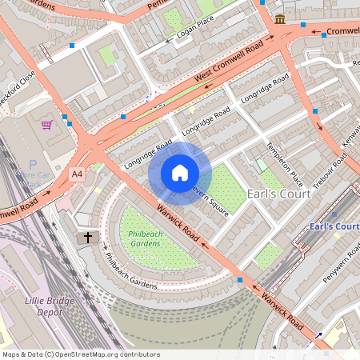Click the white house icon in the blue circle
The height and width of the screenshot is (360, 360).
click(180, 173)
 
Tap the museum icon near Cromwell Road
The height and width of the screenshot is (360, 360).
click(280, 19)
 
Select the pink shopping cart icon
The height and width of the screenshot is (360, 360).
click(47, 124)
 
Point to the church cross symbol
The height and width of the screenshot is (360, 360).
click(87, 238)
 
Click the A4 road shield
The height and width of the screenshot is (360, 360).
click(77, 174)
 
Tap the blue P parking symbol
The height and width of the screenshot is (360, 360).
click(33, 164)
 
